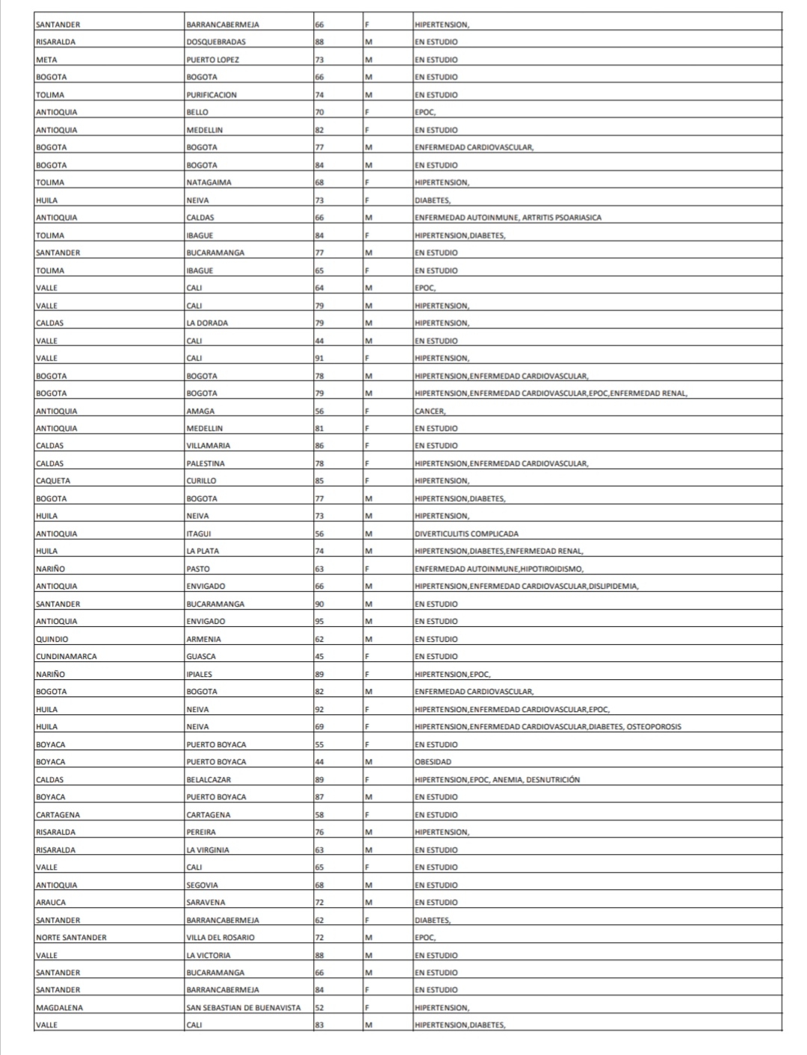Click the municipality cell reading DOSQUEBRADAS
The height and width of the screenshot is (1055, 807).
pos(216,42)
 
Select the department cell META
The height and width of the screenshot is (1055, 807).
pos(46,60)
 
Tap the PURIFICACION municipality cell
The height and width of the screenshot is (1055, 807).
pos(211,95)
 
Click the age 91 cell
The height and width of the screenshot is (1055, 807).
pos(320,358)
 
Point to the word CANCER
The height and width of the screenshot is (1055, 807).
pos(430,411)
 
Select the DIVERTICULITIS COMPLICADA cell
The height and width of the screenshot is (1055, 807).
pos(466,533)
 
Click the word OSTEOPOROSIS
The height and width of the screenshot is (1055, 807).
pos(654,726)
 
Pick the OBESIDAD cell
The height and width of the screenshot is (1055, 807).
pos(433,762)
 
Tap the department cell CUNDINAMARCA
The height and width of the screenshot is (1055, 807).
pos(67,657)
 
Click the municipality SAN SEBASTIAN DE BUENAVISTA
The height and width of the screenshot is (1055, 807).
pos(244,1008)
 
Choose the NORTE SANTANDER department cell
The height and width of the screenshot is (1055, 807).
pos(71,938)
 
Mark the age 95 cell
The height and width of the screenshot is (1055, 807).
pos(320,622)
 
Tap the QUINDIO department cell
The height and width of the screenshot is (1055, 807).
pos(52,640)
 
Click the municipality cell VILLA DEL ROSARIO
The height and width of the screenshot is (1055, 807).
pos(220,938)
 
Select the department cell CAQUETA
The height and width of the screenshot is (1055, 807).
pos(53,481)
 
